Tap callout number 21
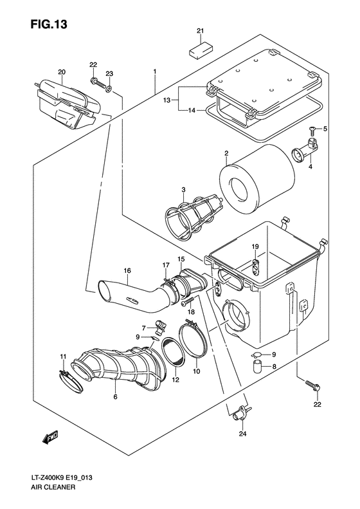point(199,32)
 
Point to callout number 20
point(62,71)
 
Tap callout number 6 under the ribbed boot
point(116,398)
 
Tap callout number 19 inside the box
point(255,247)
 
